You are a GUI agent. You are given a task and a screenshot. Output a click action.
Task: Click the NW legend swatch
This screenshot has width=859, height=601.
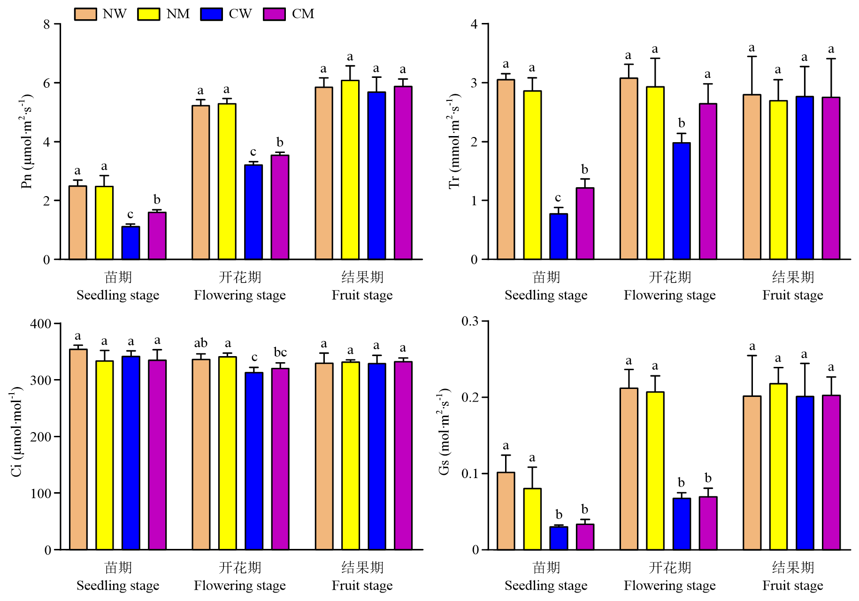point(85,14)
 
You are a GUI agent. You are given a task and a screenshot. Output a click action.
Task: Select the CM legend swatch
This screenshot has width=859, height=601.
point(274,14)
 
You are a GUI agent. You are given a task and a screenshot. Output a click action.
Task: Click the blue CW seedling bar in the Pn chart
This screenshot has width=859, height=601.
point(130,243)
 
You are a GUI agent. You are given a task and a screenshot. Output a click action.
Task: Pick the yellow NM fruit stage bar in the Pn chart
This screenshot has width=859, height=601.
point(350,170)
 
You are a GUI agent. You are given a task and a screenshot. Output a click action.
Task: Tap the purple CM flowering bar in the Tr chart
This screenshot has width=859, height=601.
point(708,182)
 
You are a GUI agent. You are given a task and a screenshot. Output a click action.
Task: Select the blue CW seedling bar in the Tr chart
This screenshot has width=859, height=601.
point(559,236)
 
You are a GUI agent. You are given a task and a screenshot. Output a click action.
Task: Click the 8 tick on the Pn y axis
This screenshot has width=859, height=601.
point(46,24)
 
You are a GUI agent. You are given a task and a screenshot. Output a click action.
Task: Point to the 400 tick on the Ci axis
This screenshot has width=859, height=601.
point(41,324)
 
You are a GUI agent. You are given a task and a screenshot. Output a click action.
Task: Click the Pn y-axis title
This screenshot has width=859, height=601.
point(27,141)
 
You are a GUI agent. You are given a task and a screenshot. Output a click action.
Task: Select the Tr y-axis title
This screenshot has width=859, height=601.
point(454,141)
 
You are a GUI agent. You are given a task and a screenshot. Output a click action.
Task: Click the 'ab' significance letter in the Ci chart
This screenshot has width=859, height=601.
point(201,343)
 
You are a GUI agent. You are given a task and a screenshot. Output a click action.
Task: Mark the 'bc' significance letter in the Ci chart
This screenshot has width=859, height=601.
point(280,352)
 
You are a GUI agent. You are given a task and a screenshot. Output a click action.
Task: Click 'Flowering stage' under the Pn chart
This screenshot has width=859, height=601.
point(240,295)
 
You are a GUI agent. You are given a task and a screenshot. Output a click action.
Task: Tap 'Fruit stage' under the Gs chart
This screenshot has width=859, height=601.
point(792,586)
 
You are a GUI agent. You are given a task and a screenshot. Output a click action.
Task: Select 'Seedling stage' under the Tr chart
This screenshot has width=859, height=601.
point(546,295)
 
